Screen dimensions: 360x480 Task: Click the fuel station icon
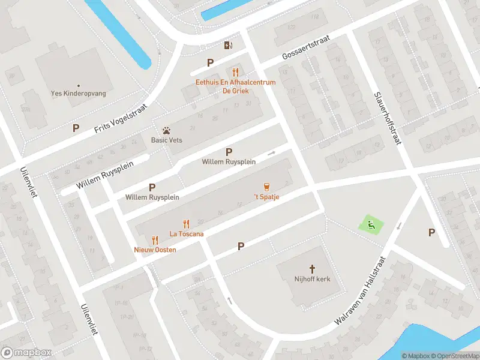pos(228,46)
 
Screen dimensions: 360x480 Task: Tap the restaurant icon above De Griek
pos(236,72)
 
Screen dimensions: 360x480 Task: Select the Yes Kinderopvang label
pos(79,94)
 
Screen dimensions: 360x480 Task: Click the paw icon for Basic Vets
pos(166,130)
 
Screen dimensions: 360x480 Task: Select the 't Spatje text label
pos(266,197)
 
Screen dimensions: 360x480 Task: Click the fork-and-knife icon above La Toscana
pos(186,223)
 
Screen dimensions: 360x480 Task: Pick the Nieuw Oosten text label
pos(155,249)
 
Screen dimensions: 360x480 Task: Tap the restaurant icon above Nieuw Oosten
pos(155,239)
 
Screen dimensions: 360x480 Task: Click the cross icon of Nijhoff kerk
pos(312,269)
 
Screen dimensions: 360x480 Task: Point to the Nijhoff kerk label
pos(312,279)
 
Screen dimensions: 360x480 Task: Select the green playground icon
pos(370,226)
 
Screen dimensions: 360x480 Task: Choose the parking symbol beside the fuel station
pos(210,62)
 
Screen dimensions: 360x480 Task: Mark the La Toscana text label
pos(186,233)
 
